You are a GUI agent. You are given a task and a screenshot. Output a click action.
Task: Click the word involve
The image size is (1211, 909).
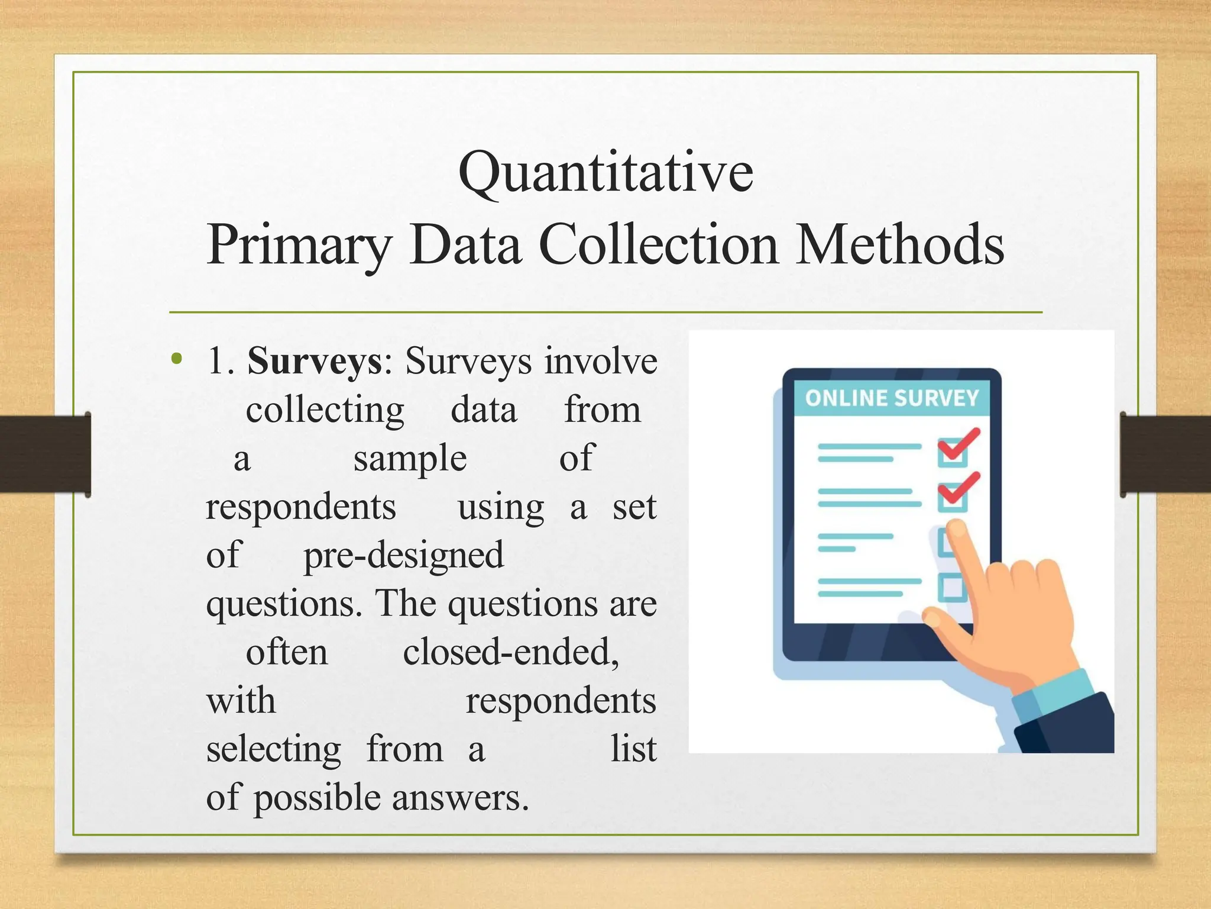pyautogui.click(x=600, y=361)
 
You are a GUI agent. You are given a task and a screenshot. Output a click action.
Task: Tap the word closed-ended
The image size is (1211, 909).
pyautogui.click(x=511, y=653)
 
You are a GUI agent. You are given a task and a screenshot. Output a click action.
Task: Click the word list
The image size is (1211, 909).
pyautogui.click(x=633, y=749)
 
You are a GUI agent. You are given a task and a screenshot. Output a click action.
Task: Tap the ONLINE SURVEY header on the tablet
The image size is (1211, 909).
pyautogui.click(x=892, y=398)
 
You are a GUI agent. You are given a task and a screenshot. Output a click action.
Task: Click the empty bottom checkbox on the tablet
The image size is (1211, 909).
pyautogui.click(x=952, y=587)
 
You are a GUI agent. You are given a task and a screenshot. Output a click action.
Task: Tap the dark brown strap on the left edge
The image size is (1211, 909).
pyautogui.click(x=44, y=454)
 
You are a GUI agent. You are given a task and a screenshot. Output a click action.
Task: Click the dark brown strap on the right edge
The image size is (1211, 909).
pyautogui.click(x=1165, y=454)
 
